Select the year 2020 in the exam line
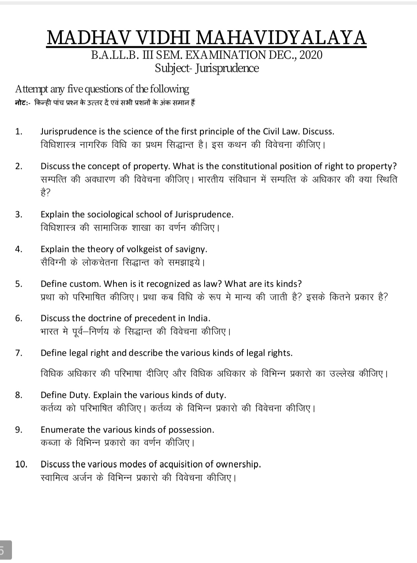click(311, 55)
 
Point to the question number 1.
click(19, 132)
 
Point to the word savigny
click(193, 249)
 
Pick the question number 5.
click(19, 284)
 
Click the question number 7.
click(19, 353)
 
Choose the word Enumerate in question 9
click(63, 430)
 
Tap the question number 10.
click(21, 464)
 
